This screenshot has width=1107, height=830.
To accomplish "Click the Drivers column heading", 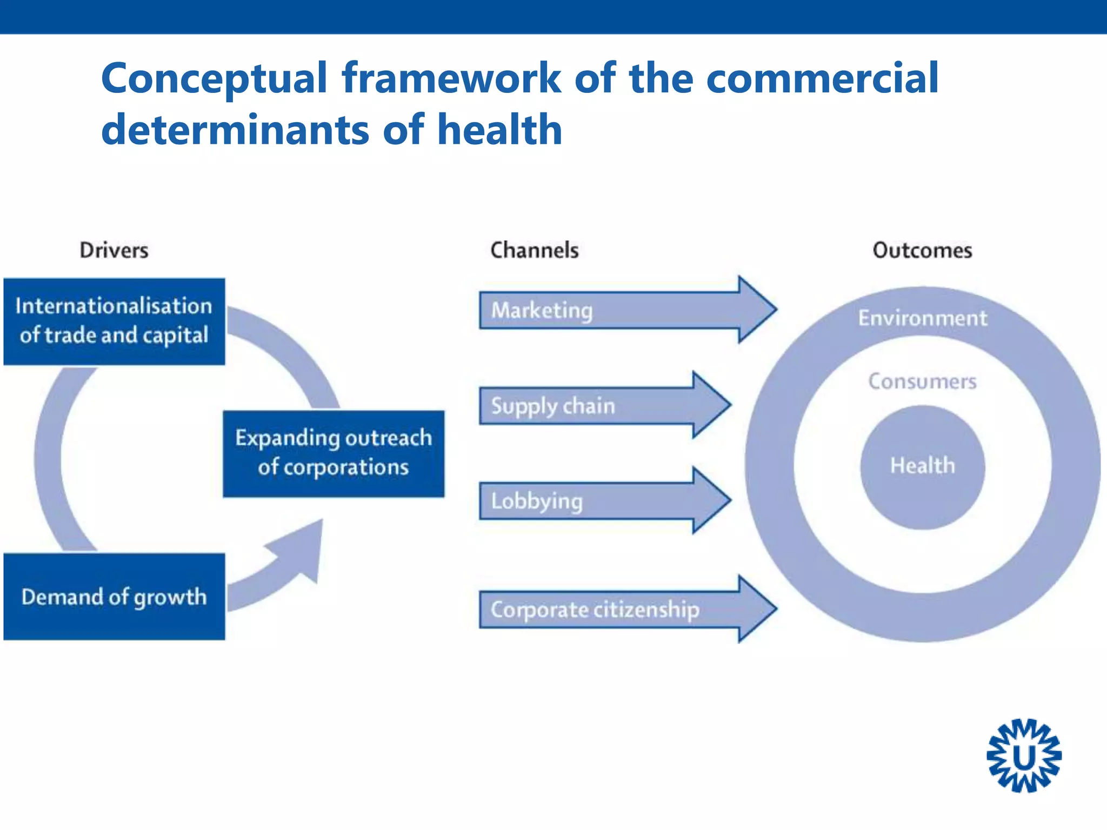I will coord(114,250).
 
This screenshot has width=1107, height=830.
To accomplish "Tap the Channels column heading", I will coord(534,250).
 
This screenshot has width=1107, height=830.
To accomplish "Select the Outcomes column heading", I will coord(922,250).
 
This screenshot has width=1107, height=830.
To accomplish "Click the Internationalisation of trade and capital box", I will coord(114,321).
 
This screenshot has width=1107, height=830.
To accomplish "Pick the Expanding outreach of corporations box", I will coord(334,453).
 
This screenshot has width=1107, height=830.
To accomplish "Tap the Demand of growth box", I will coord(114,597).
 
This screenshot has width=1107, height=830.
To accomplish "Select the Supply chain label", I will coord(552,406).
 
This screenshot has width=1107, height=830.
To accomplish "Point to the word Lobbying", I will coord(536,501).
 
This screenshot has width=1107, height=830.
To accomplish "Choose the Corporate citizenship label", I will coord(595,610).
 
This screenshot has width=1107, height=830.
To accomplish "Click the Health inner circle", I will coord(922,466).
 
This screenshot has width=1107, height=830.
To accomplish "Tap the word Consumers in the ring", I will coord(922,381).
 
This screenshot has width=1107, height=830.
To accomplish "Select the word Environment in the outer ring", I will coord(922,318).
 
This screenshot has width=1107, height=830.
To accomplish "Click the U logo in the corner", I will coord(1024,755).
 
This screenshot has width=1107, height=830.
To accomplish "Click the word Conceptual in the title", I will coord(214,78).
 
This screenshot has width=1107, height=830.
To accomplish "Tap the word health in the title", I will coord(499,130).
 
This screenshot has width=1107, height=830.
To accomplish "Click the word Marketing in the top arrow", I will coord(542,311).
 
